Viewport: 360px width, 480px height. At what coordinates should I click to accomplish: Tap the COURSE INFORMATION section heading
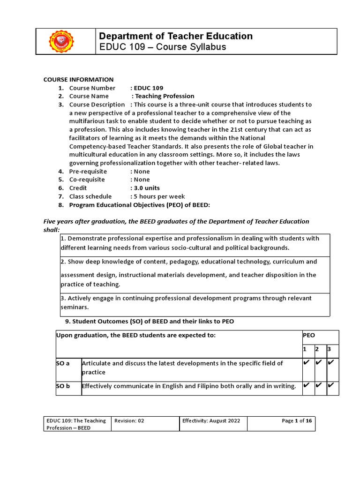tap(78, 79)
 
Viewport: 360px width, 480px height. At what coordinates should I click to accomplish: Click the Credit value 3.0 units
tap(147, 188)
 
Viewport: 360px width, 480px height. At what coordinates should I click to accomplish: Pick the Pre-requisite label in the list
tap(88, 171)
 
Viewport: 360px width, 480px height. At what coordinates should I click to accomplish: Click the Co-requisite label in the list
tap(87, 180)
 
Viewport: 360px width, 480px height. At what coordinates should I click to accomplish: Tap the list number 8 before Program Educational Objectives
tap(60, 205)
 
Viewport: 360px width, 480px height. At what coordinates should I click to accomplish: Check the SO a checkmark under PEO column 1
tap(307, 363)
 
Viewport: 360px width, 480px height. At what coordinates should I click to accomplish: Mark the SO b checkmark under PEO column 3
tap(331, 385)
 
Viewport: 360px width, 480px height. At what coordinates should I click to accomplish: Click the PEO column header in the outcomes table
tap(309, 336)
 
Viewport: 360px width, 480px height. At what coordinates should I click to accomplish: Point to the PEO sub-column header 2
tap(317, 350)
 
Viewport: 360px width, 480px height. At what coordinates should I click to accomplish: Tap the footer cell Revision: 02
tap(129, 421)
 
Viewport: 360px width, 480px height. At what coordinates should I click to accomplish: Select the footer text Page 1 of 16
tap(296, 421)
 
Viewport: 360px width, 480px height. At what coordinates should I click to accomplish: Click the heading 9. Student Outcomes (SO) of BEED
tap(149, 321)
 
